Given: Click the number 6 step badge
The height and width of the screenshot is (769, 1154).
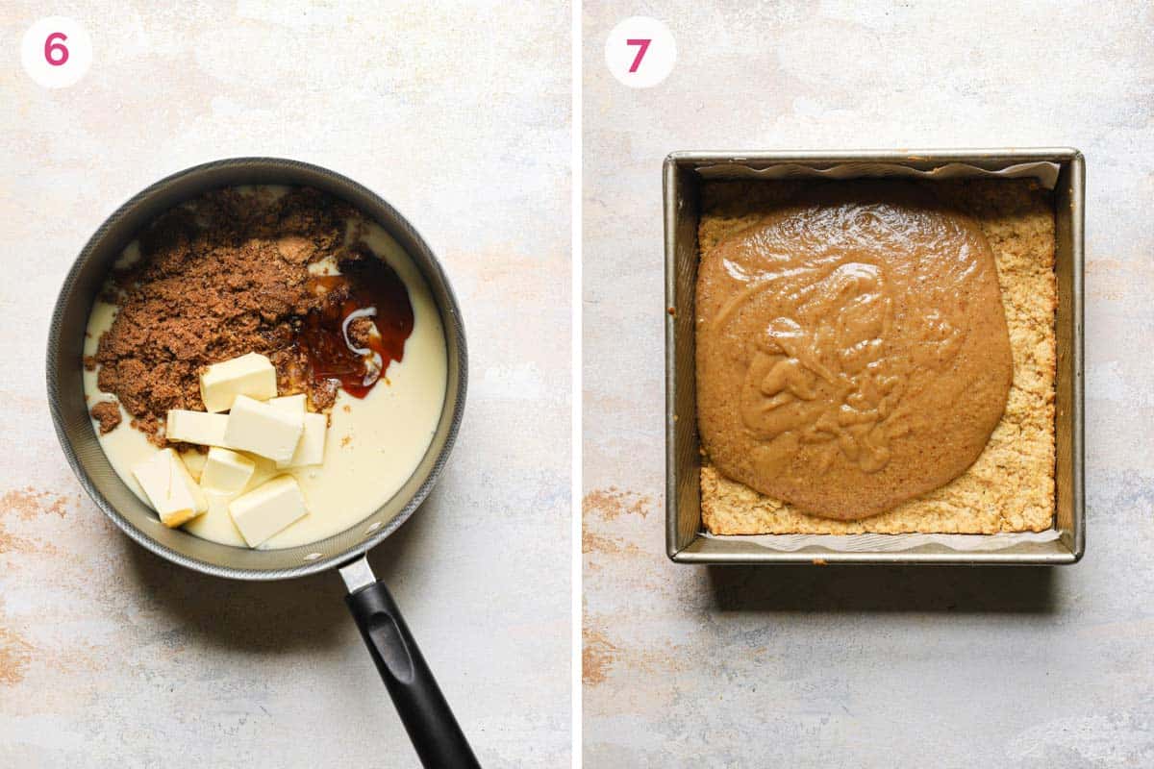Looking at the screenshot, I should (x=56, y=51).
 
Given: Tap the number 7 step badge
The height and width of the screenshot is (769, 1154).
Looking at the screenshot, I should (x=640, y=52).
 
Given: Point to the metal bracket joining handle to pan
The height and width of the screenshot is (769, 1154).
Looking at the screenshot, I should (x=357, y=574).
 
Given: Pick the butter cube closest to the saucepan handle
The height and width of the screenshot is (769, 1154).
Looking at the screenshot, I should (x=267, y=509).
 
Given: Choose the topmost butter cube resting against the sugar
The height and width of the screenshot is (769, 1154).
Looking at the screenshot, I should (x=238, y=380).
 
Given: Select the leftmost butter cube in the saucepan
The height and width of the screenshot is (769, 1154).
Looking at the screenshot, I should (x=168, y=486).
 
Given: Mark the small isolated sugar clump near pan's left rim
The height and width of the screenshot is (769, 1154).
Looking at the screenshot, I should (x=106, y=415).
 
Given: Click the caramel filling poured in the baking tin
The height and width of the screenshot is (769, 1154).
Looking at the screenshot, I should (x=851, y=356).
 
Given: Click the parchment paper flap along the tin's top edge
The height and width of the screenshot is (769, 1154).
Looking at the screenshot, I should (x=875, y=170).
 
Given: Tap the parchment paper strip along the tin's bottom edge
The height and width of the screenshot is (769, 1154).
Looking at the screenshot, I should (x=875, y=541).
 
